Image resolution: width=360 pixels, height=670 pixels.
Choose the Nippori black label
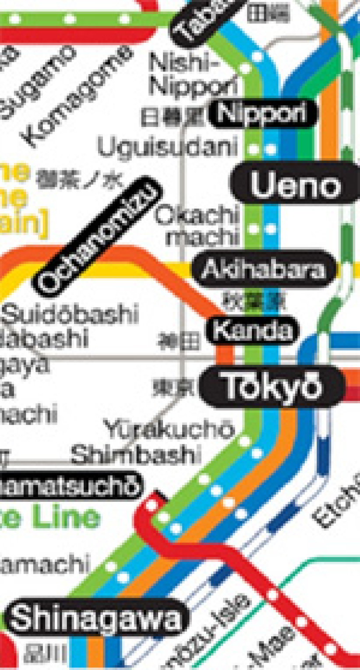262,113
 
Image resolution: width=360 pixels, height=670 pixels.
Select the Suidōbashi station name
70,314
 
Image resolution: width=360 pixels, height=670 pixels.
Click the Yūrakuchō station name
169,428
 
